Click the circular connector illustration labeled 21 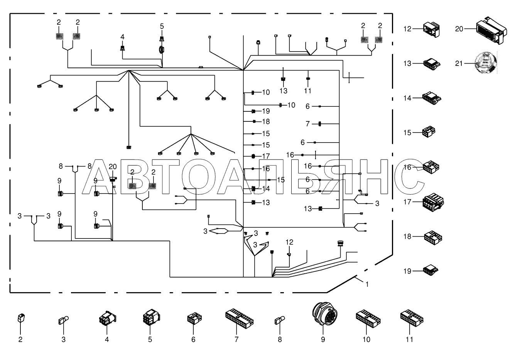click(x=486, y=63)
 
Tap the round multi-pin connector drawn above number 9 click(x=325, y=315)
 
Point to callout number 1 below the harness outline click(x=367, y=284)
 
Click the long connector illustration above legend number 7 click(x=239, y=319)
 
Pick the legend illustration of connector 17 click(x=433, y=202)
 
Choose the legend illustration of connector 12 click(x=431, y=29)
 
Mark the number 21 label click(x=459, y=64)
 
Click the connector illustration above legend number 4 click(x=108, y=318)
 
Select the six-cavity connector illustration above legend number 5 click(x=151, y=317)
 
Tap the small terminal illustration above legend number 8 click(x=280, y=320)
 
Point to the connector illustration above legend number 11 click(x=412, y=318)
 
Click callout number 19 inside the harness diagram click(x=266, y=111)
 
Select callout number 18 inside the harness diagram click(x=266, y=121)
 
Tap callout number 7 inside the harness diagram click(x=307, y=124)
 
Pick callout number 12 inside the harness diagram click(x=289, y=242)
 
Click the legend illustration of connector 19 click(x=431, y=271)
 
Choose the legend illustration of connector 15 click(x=429, y=132)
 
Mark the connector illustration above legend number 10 click(x=368, y=318)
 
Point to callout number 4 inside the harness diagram click(x=122, y=37)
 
